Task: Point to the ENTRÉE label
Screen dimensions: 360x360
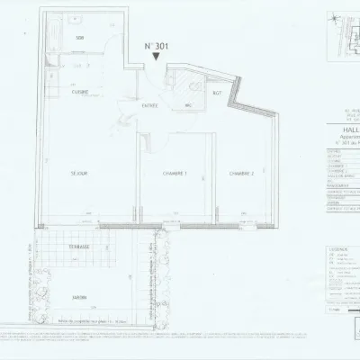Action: coord(150,104)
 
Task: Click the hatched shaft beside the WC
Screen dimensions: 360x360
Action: coord(193,87)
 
